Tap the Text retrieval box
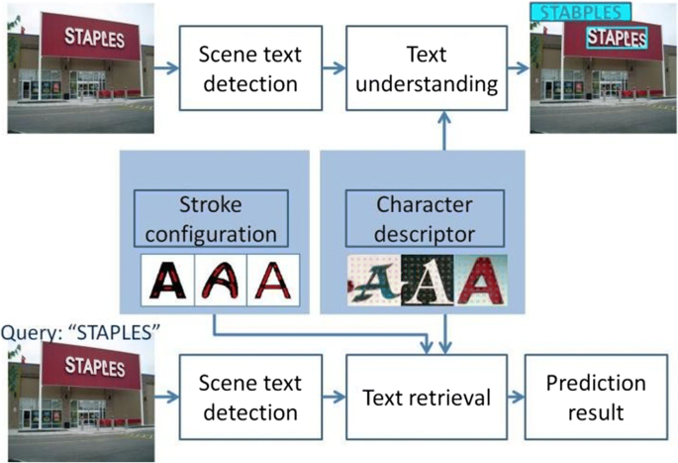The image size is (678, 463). click(427, 398)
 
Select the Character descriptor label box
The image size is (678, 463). click(424, 219)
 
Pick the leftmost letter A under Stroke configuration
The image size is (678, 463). click(166, 282)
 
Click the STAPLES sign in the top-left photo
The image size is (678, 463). click(95, 37)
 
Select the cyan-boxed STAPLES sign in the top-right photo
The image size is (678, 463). click(615, 39)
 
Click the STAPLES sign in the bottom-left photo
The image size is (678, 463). click(95, 364)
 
